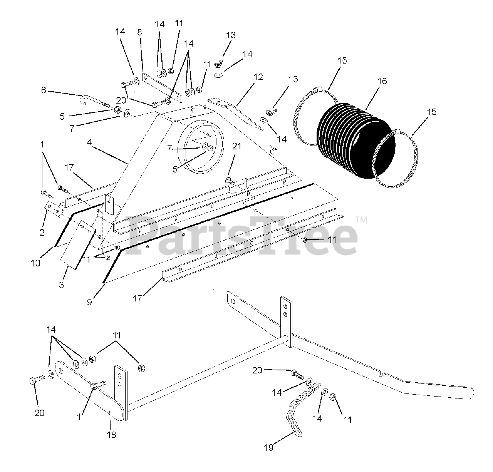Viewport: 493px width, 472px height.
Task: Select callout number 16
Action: pyautogui.click(x=382, y=81)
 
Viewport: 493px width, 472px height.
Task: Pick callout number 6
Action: pyautogui.click(x=44, y=90)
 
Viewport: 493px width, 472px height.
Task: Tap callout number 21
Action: pyautogui.click(x=237, y=146)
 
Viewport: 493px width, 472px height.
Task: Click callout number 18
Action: pyautogui.click(x=112, y=435)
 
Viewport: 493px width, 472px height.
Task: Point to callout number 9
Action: pyautogui.click(x=89, y=302)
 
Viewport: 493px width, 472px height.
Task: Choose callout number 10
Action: pyautogui.click(x=35, y=263)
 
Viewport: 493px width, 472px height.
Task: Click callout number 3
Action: pyautogui.click(x=62, y=285)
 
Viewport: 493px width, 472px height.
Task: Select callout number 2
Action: pyautogui.click(x=42, y=232)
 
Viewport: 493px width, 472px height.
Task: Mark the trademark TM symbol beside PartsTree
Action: pyautogui.click(x=361, y=220)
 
